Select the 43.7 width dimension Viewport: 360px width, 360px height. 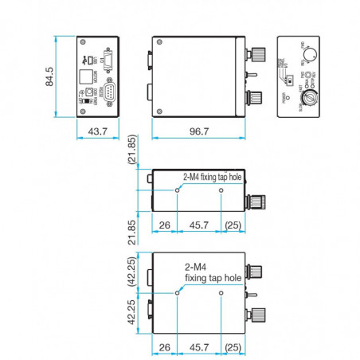[x=97, y=130]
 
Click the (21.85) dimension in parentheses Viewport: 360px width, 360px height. [x=132, y=151]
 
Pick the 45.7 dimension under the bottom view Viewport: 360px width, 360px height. [x=198, y=348]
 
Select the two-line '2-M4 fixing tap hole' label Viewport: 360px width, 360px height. [x=212, y=273]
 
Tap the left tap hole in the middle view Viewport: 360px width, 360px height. [x=177, y=191]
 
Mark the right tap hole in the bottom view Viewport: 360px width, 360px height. [x=221, y=293]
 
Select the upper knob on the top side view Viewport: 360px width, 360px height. [x=257, y=55]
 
